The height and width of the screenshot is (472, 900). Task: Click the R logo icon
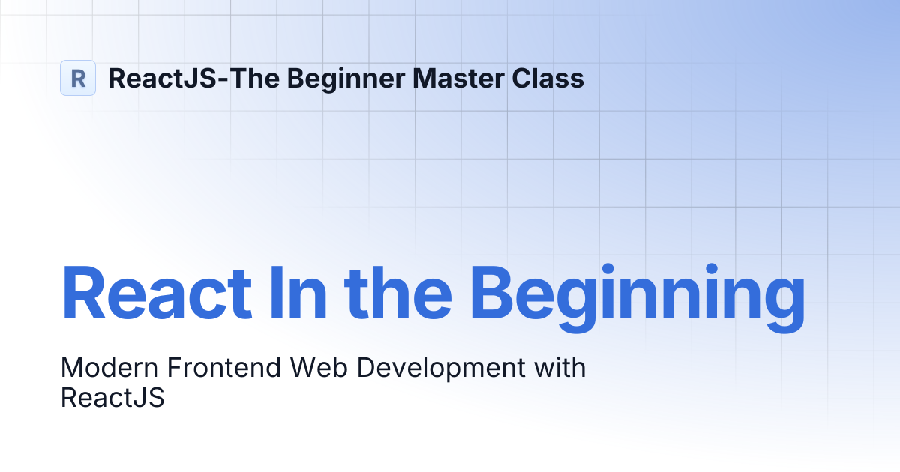coord(78,78)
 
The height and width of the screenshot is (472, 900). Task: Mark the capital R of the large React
coord(84,293)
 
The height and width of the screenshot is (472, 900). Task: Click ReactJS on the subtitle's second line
coord(112,397)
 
